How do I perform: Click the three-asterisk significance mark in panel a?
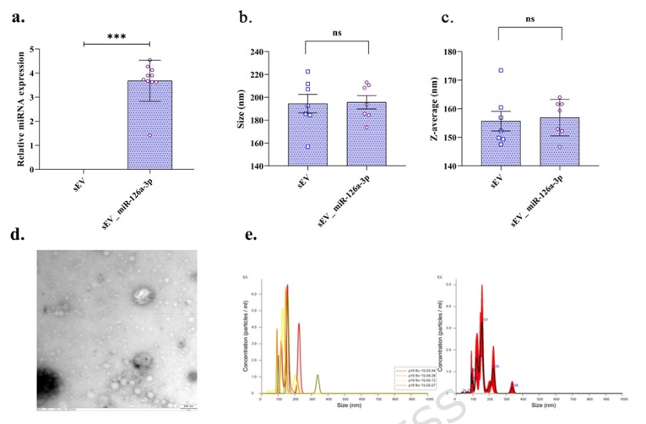[x=116, y=36]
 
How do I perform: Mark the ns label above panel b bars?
[x=337, y=33]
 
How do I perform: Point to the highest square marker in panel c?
[x=501, y=71]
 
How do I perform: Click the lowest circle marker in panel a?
[x=150, y=135]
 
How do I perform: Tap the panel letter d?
[x=16, y=234]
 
